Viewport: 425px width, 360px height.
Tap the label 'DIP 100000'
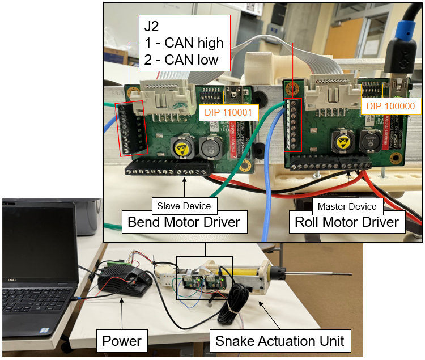click(x=390, y=106)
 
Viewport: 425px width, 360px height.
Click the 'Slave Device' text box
click(x=184, y=206)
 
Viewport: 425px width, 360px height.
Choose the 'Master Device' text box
click(x=347, y=206)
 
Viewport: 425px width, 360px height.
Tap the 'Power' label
click(x=121, y=341)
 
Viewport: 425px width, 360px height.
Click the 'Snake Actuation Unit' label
click(x=279, y=341)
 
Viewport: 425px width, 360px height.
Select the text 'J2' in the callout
click(x=152, y=27)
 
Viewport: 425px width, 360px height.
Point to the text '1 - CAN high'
click(x=184, y=43)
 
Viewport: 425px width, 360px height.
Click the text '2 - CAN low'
click(x=181, y=59)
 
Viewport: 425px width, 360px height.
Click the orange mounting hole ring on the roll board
click(x=292, y=88)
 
